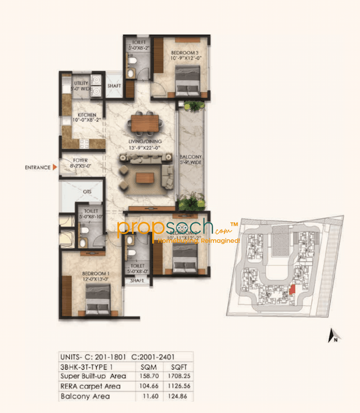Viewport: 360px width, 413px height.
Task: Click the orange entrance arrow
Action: (x=54, y=167)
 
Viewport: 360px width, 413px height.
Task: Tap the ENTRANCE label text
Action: (x=37, y=167)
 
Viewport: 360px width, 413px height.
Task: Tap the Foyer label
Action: (x=82, y=164)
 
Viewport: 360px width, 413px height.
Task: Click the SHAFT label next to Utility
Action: (x=114, y=86)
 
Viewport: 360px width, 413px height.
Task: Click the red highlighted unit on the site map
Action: (x=291, y=289)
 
